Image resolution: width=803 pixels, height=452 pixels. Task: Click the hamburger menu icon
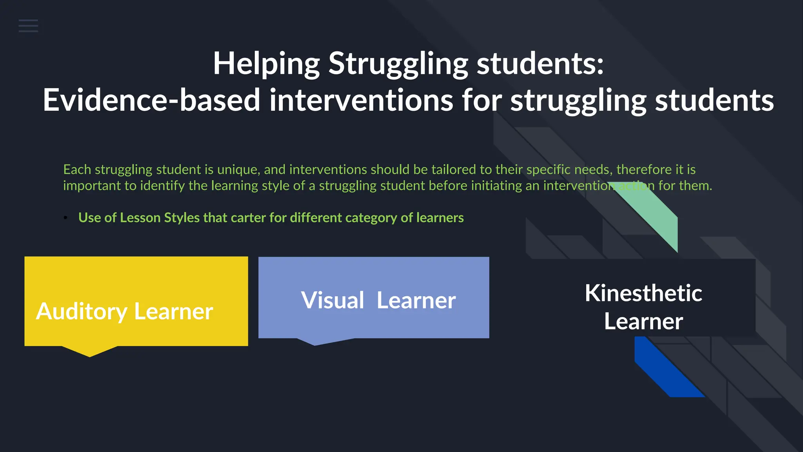point(28,26)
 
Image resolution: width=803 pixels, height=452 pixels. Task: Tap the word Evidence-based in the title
point(151,100)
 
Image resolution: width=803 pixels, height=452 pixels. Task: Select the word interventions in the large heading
point(361,100)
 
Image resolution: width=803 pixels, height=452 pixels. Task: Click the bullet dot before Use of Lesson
point(66,218)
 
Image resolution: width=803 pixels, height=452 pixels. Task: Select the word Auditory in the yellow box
point(82,312)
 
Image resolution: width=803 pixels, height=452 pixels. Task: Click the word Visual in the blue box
point(332,301)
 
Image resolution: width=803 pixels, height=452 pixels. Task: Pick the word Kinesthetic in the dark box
point(643,293)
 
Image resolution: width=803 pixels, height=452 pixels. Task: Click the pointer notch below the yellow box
point(90,351)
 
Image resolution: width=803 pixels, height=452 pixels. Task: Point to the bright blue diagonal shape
point(667,371)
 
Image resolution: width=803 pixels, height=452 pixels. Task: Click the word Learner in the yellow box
point(173,312)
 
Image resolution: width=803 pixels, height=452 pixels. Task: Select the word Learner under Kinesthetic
point(643,321)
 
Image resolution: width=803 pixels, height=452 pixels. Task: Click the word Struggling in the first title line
point(398,64)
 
